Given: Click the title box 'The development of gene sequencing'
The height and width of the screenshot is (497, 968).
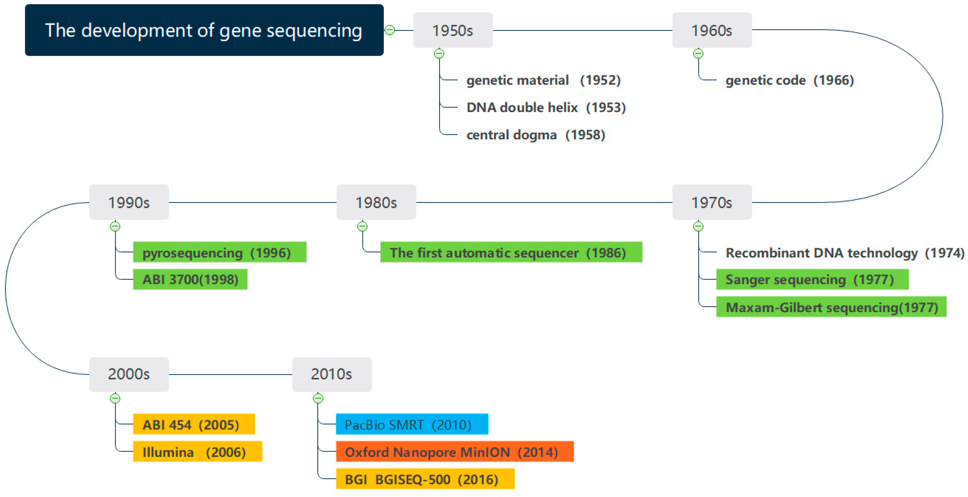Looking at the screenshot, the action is pyautogui.click(x=204, y=30).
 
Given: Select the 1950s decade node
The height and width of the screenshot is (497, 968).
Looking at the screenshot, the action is pyautogui.click(x=453, y=30).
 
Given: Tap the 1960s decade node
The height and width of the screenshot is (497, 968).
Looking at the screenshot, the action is pyautogui.click(x=712, y=30).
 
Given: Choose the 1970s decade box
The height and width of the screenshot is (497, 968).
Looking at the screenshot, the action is pyautogui.click(x=712, y=202).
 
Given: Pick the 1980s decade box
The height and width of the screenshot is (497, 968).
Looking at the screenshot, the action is pyautogui.click(x=376, y=202).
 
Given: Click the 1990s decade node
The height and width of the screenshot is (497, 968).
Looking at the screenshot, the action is pyautogui.click(x=129, y=202).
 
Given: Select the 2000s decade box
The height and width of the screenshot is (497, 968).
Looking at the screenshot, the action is pyautogui.click(x=129, y=374).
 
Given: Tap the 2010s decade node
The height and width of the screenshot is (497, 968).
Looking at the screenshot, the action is pyautogui.click(x=332, y=374).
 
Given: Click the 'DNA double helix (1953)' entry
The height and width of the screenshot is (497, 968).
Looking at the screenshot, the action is pyautogui.click(x=546, y=107).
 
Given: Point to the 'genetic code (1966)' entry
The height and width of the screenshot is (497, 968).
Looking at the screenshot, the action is pyautogui.click(x=790, y=80).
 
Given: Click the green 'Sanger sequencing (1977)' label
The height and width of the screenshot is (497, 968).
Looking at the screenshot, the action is pyautogui.click(x=813, y=279).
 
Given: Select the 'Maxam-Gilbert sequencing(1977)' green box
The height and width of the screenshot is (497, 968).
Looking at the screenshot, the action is pyautogui.click(x=831, y=307).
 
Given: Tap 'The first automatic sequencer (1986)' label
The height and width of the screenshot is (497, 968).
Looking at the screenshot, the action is pyautogui.click(x=511, y=252).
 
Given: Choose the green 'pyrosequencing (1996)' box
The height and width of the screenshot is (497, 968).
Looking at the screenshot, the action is pyautogui.click(x=220, y=252).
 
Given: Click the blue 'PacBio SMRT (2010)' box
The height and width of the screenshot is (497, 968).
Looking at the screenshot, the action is pyautogui.click(x=412, y=424).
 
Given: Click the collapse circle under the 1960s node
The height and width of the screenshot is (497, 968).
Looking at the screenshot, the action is pyautogui.click(x=698, y=54).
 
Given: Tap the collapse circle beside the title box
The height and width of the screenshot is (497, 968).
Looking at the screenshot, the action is pyautogui.click(x=390, y=30).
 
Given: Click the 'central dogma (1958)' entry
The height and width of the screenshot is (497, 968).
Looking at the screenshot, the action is pyautogui.click(x=536, y=135).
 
